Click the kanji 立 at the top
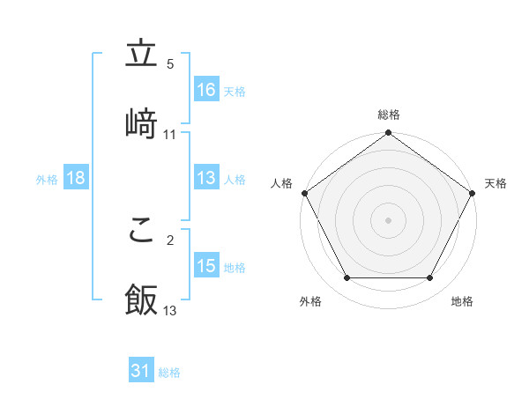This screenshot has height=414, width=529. (141, 55)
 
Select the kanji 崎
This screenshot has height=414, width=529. (141, 122)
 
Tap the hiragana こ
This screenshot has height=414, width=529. (141, 229)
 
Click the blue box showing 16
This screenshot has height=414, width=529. (206, 90)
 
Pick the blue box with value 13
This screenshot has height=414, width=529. (206, 178)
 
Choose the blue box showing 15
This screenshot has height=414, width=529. (206, 266)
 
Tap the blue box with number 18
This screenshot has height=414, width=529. (76, 178)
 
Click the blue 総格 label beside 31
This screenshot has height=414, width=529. (169, 373)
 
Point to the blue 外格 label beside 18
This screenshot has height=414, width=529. (47, 179)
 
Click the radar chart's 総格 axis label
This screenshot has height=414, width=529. (389, 115)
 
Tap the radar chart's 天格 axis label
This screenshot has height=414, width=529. (496, 183)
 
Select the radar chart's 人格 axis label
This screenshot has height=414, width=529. (281, 183)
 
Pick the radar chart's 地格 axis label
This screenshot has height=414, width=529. (462, 301)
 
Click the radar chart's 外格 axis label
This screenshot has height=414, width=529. (310, 301)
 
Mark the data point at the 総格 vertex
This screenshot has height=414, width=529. (388, 133)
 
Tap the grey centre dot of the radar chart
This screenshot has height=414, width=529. (388, 219)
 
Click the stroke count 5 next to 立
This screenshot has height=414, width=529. (170, 63)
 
